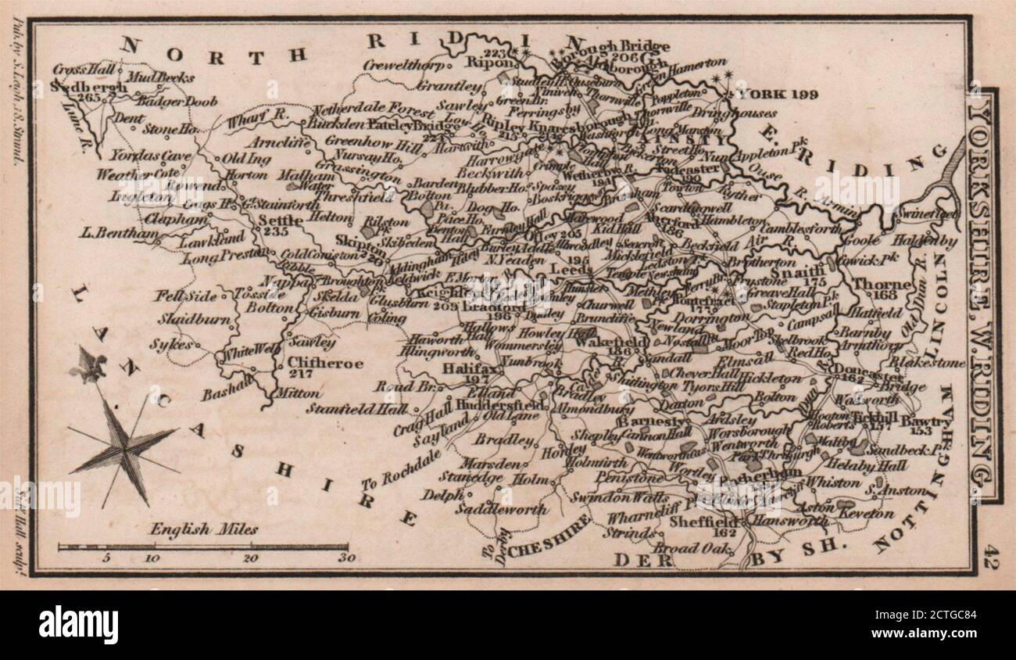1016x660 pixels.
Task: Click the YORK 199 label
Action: click(778, 95)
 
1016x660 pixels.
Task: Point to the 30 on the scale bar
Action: click(346, 558)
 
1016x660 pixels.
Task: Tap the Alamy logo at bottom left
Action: click(78, 625)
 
